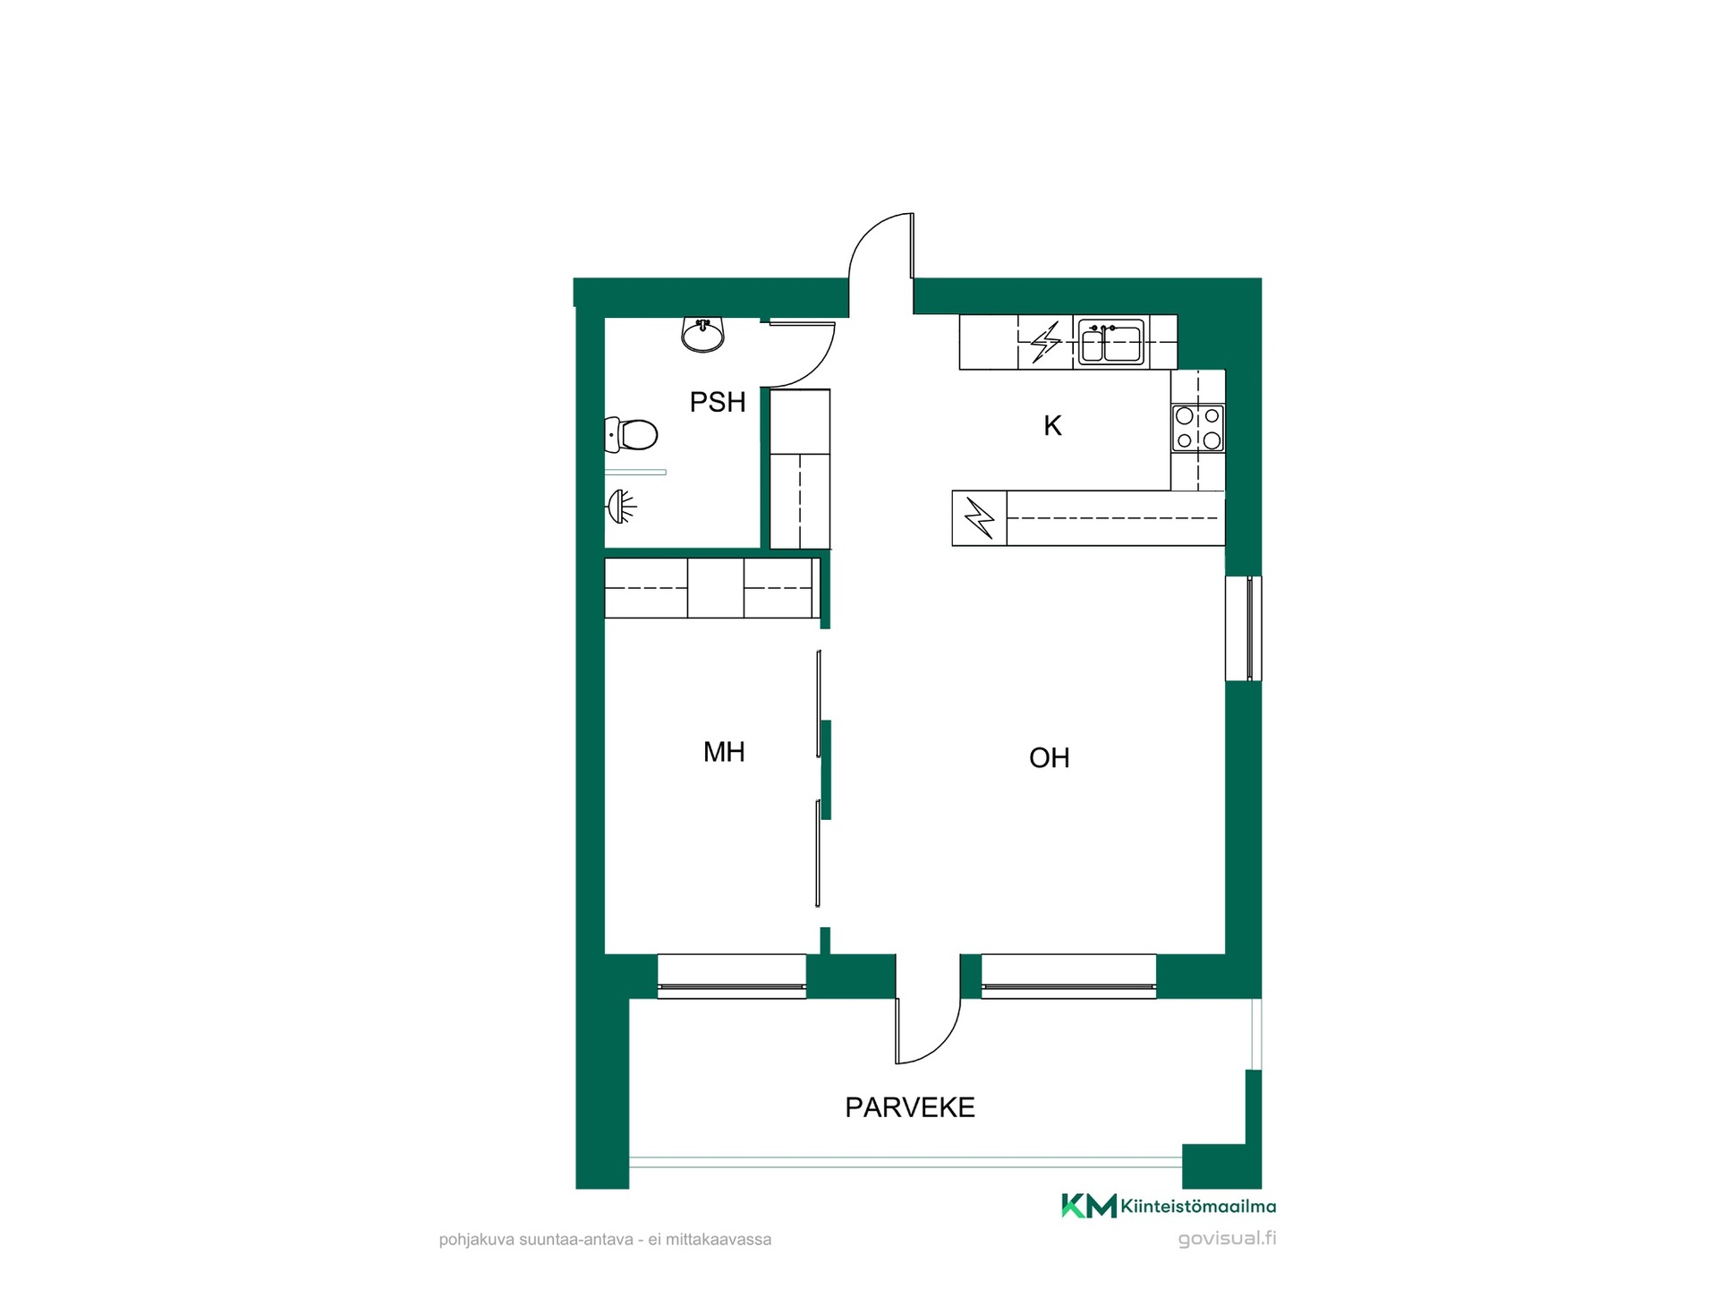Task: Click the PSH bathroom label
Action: click(x=718, y=402)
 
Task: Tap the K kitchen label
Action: click(x=1052, y=426)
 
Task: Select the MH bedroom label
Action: click(x=724, y=752)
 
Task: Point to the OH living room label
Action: click(x=1050, y=758)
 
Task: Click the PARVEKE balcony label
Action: click(x=910, y=1107)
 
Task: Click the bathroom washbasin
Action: click(x=703, y=335)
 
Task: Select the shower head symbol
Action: click(x=622, y=507)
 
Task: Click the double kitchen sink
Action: click(x=1110, y=342)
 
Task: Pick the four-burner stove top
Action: click(x=1198, y=428)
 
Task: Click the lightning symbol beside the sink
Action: click(x=1045, y=342)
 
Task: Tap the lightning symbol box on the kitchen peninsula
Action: click(x=980, y=518)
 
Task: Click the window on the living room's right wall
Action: click(x=1244, y=628)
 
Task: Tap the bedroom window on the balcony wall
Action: click(x=732, y=977)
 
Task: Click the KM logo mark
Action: click(x=1089, y=1206)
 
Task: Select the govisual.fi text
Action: click(x=1227, y=1239)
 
